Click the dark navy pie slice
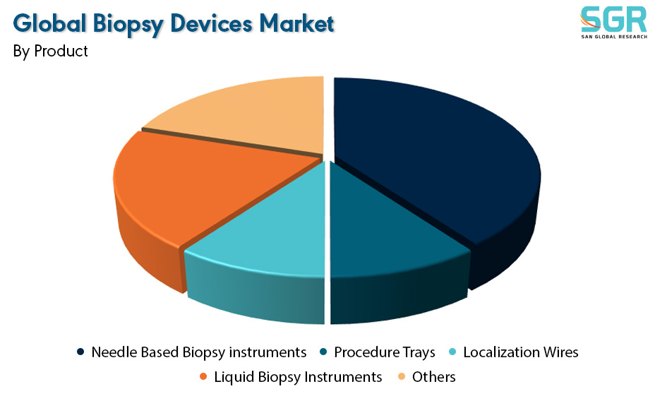435,167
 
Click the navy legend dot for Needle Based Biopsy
80,352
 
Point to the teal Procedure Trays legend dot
323,352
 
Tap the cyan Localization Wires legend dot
452,352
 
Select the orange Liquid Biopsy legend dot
203,376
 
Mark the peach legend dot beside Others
402,376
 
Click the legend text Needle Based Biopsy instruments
199,352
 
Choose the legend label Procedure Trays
384,352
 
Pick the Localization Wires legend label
520,352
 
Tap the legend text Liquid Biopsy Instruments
298,377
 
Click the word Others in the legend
433,377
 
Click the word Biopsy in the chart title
128,24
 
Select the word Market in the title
296,23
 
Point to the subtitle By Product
50,52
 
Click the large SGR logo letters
613,19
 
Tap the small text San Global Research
614,37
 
